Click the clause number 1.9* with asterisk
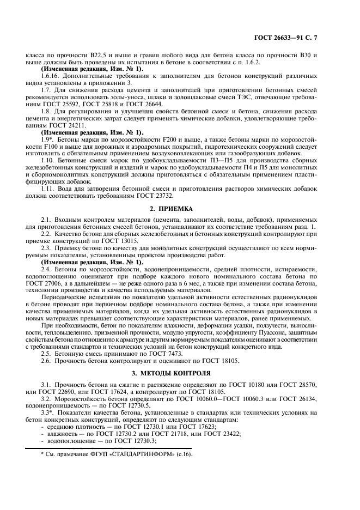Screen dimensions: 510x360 tap(48, 141)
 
